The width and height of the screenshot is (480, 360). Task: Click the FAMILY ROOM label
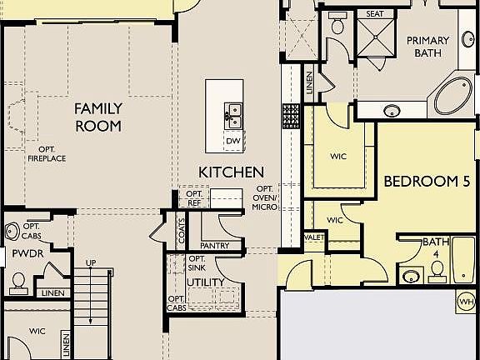[98, 117]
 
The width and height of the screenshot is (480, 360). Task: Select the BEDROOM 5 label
[422, 181]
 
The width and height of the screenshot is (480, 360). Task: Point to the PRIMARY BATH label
[427, 47]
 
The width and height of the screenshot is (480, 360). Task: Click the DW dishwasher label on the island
[232, 141]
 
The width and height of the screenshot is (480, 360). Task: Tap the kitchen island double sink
[232, 112]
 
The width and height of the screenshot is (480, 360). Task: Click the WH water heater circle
[466, 301]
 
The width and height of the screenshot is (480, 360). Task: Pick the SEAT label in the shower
[374, 14]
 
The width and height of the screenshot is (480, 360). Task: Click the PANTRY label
[215, 245]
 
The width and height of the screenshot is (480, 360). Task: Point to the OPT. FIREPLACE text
[47, 153]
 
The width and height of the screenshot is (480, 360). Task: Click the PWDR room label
[22, 253]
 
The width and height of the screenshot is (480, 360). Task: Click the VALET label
[314, 237]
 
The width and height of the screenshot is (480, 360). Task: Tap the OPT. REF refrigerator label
[192, 197]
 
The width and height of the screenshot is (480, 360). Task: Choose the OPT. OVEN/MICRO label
[264, 198]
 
